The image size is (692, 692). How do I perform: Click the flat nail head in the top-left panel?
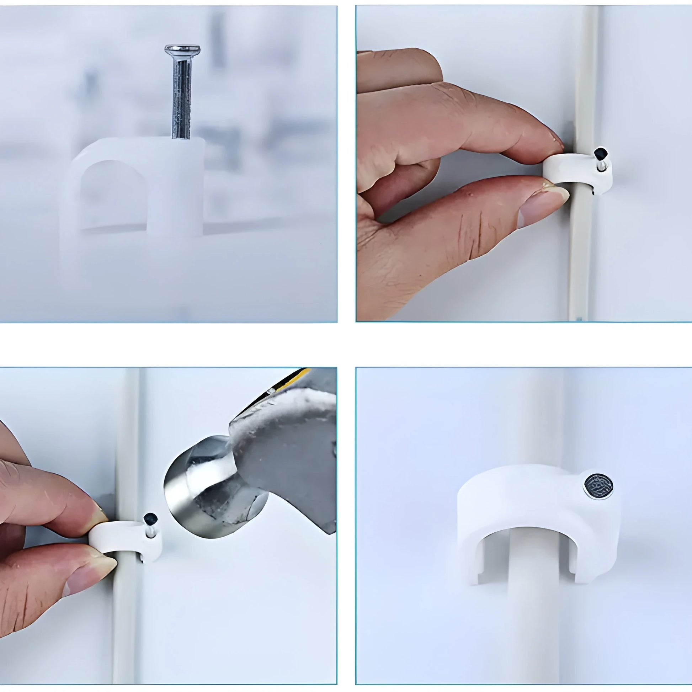[182, 48]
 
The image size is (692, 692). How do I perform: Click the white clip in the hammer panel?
[122, 537]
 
